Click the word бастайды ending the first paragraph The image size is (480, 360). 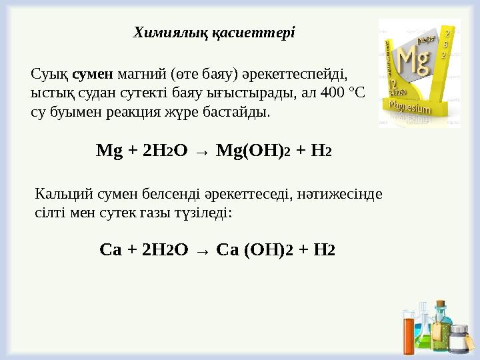(x=241, y=111)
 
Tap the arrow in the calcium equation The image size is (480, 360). (x=204, y=251)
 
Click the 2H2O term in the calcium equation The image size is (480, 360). (x=163, y=250)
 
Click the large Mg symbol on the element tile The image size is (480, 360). (x=413, y=61)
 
